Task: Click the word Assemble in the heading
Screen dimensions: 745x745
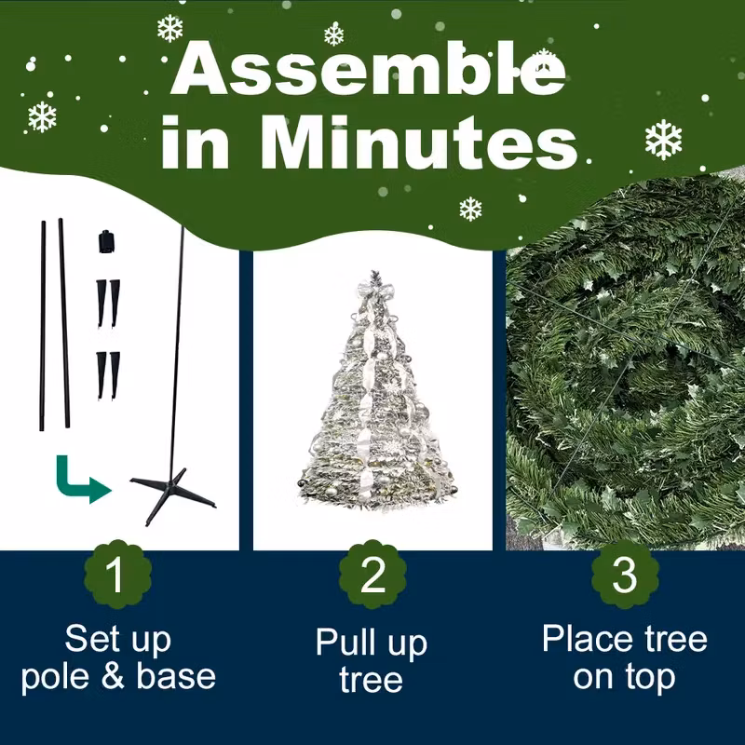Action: tap(368, 69)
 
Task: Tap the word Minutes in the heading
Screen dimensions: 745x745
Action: tap(418, 142)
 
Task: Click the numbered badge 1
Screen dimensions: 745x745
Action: tap(117, 575)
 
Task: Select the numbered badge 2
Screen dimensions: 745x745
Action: tap(372, 575)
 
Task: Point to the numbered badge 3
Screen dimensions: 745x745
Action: tap(625, 575)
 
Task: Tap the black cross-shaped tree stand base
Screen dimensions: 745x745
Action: tap(172, 494)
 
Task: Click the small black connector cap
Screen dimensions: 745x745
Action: tap(107, 241)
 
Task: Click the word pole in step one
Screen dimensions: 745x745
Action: tap(55, 677)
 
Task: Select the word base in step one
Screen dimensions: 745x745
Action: tap(176, 676)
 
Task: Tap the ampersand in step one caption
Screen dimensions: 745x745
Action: tap(113, 676)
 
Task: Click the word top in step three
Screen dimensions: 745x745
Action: tap(650, 678)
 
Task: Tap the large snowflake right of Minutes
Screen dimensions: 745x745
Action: tap(663, 139)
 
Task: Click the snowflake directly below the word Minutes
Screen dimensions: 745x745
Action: tap(470, 209)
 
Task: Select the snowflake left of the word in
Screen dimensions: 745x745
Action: tap(42, 116)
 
